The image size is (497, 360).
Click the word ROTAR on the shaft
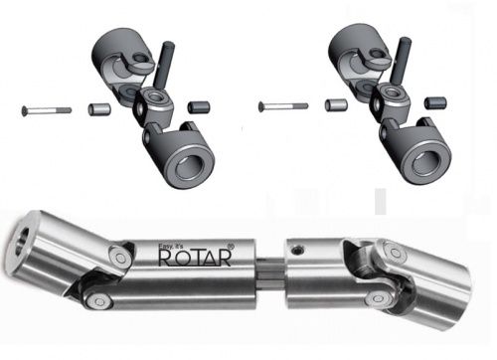pyautogui.click(x=195, y=258)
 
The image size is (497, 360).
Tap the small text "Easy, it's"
pyautogui.click(x=169, y=247)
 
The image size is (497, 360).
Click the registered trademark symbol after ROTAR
pyautogui.click(x=232, y=247)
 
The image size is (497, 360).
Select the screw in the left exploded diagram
pyautogui.click(x=46, y=110)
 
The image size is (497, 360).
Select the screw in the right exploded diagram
pyautogui.click(x=283, y=106)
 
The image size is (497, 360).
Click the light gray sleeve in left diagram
pyautogui.click(x=99, y=109)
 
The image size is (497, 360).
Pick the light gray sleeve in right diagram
pyautogui.click(x=336, y=105)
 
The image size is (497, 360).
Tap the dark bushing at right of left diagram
pyautogui.click(x=199, y=106)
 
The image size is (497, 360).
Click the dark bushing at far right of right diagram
pyautogui.click(x=435, y=102)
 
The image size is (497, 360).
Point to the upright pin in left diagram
pyautogui.click(x=164, y=66)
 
